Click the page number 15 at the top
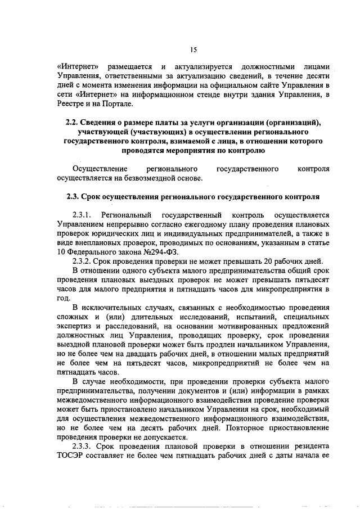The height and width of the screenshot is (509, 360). pyautogui.click(x=192, y=50)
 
